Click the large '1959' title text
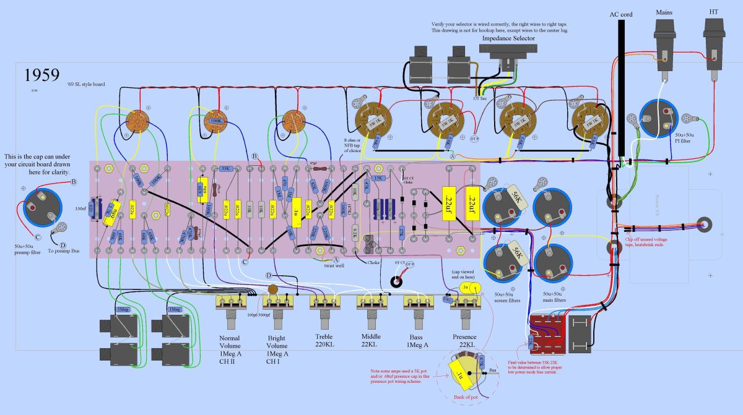[42, 75]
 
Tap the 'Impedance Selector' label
[508, 38]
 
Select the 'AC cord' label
[621, 13]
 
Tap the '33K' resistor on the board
[225, 168]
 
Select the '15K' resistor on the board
[378, 178]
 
